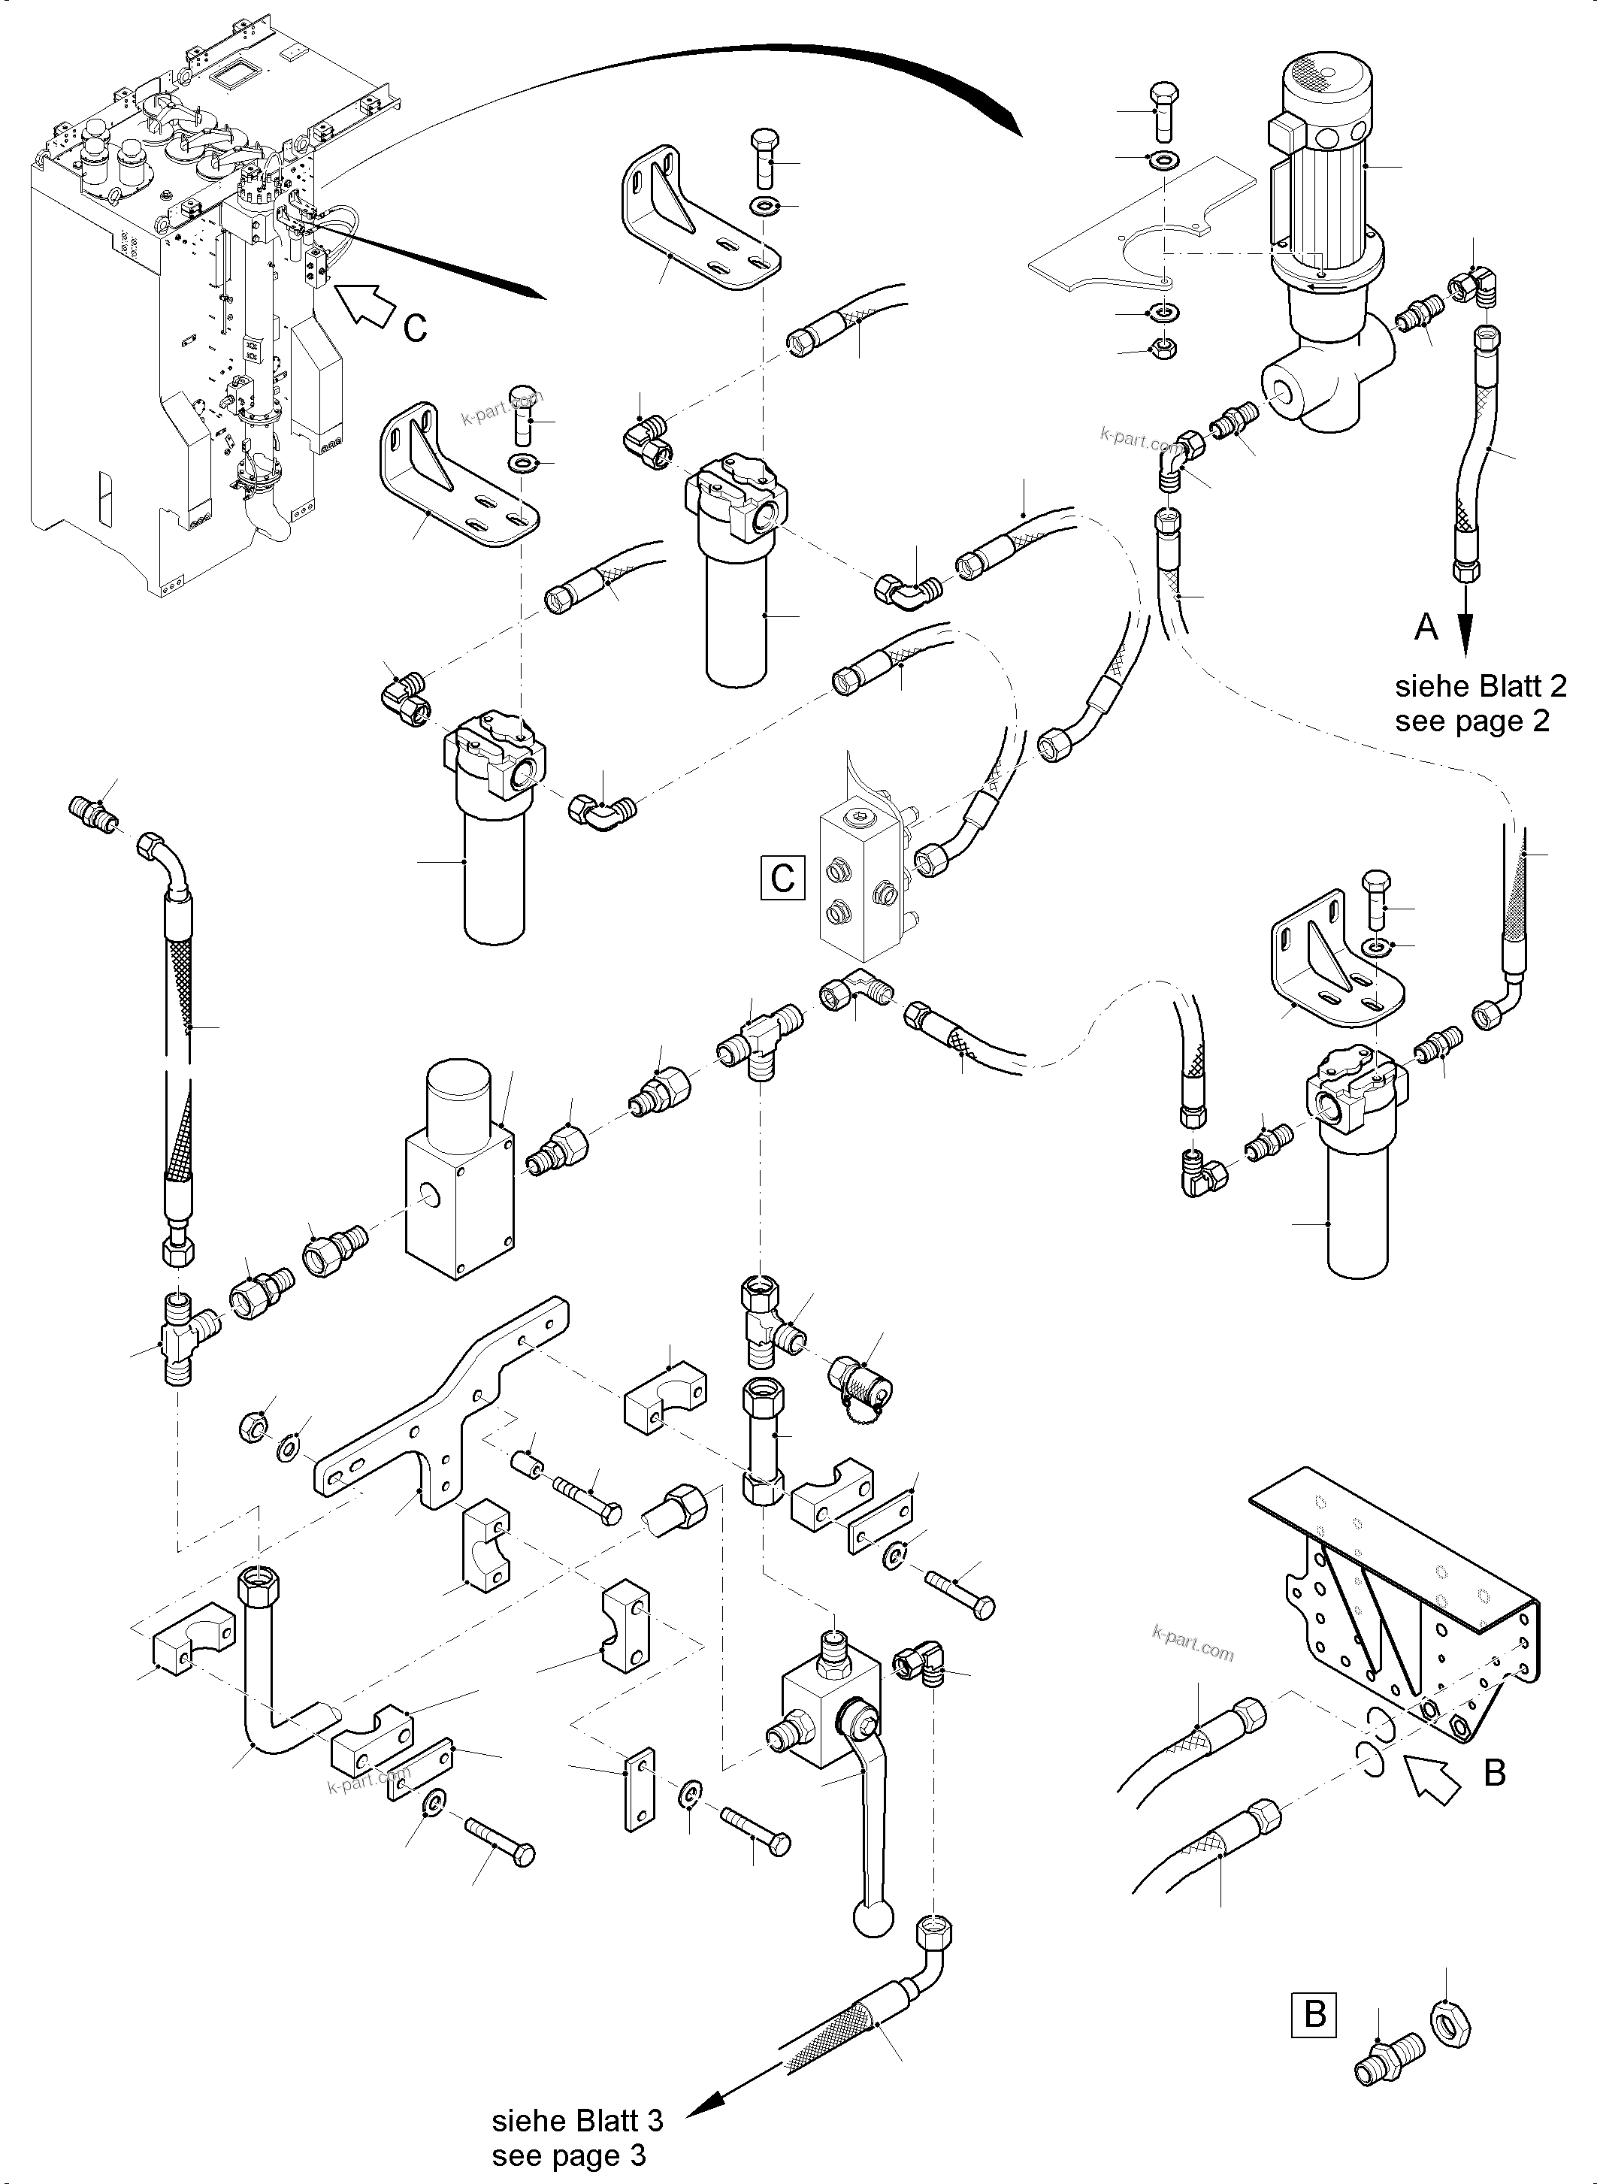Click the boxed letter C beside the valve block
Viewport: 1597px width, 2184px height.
coord(782,877)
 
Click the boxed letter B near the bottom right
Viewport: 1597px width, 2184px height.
coord(1314,2014)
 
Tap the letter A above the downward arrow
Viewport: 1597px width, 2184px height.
coord(1426,628)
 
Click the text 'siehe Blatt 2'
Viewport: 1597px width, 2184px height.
coord(1480,685)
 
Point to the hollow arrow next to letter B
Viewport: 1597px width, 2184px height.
coord(1431,1778)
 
